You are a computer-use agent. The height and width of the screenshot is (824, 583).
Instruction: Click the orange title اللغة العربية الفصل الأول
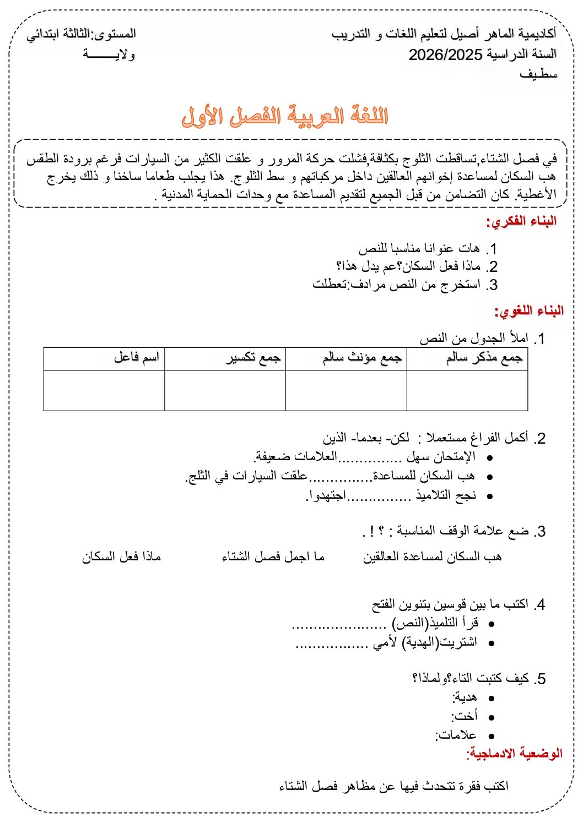point(285,117)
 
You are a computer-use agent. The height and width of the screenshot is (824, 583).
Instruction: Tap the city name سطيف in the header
point(538,74)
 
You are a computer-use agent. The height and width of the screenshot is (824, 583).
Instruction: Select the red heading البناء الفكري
point(521,221)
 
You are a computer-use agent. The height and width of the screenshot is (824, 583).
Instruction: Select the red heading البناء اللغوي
point(528,311)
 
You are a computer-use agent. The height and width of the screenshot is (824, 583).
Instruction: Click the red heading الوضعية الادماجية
point(515,753)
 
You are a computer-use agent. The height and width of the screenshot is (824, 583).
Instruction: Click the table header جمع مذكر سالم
point(484,358)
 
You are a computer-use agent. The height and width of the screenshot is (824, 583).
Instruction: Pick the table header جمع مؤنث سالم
point(362,358)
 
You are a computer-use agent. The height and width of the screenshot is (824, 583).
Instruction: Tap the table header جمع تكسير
point(253,358)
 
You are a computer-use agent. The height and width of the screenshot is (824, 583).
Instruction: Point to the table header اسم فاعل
point(137,357)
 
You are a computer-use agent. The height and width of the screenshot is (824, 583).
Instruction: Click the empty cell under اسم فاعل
point(104,390)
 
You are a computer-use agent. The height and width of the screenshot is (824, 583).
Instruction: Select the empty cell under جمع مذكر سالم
point(467,390)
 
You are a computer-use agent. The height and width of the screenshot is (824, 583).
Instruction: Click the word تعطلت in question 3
point(330,284)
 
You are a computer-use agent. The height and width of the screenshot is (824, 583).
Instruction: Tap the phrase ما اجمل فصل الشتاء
point(273,557)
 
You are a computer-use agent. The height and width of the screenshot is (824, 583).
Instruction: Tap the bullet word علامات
point(458,735)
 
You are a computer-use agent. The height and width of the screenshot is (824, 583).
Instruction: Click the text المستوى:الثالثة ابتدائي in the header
point(82,34)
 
